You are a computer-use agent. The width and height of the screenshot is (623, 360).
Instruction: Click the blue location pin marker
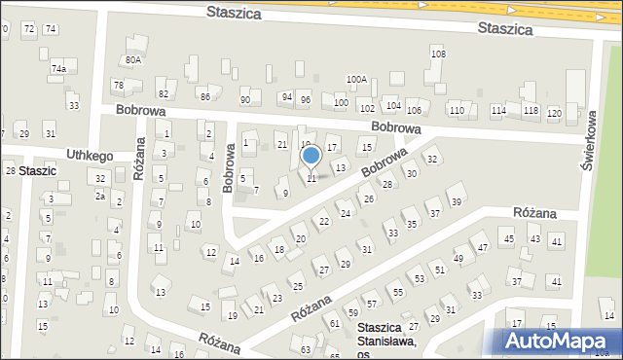(311, 156)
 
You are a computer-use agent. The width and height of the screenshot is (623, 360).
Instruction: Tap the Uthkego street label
(90, 156)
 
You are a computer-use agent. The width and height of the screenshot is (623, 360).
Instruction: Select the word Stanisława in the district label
(386, 342)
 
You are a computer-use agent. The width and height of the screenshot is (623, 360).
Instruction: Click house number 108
(438, 54)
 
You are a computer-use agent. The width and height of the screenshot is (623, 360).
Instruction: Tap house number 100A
(356, 80)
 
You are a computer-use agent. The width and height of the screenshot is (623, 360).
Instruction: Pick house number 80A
(132, 59)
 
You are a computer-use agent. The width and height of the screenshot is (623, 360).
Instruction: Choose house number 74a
(58, 69)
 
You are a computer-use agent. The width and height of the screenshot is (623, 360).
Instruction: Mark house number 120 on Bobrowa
(554, 113)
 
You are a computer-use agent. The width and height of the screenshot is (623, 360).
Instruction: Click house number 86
(204, 97)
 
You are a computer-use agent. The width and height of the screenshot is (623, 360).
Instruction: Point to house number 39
(456, 202)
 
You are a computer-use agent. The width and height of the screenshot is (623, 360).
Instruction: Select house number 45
(508, 239)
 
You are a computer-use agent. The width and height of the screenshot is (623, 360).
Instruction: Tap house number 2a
(99, 196)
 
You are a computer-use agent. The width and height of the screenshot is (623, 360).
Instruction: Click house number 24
(345, 213)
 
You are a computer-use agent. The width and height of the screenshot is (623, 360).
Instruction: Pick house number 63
(306, 349)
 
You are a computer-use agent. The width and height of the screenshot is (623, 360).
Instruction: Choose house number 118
(531, 111)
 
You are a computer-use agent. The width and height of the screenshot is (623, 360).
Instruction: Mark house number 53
(419, 279)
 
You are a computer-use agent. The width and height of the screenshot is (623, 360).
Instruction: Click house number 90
(245, 100)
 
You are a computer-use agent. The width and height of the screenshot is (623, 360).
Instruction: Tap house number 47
(483, 248)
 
